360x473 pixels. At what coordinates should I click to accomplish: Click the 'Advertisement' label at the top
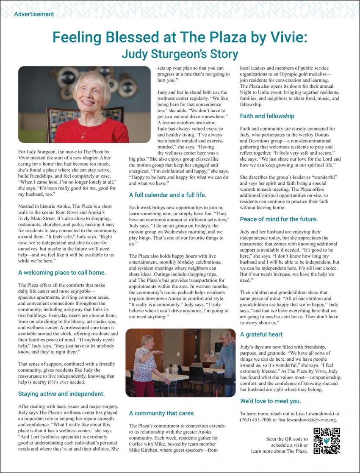pyautogui.click(x=34, y=14)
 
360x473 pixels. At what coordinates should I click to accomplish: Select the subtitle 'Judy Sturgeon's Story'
pyautogui.click(x=180, y=54)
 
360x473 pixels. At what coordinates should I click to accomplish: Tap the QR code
pyautogui.click(x=327, y=441)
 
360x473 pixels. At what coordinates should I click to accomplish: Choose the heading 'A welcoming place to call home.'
pyautogui.click(x=62, y=273)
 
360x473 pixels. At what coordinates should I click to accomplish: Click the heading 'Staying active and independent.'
pyautogui.click(x=61, y=394)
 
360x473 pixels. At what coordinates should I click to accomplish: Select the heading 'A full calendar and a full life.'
pyautogui.click(x=168, y=195)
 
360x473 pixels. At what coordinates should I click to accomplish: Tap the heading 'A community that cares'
pyautogui.click(x=161, y=413)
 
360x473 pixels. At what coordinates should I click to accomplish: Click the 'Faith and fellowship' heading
pyautogui.click(x=267, y=116)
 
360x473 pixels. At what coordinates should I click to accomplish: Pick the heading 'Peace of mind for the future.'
pyautogui.click(x=279, y=219)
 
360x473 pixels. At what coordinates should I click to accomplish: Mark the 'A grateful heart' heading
pyautogui.click(x=261, y=334)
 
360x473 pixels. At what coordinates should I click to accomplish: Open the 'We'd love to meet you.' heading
pyautogui.click(x=271, y=401)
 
